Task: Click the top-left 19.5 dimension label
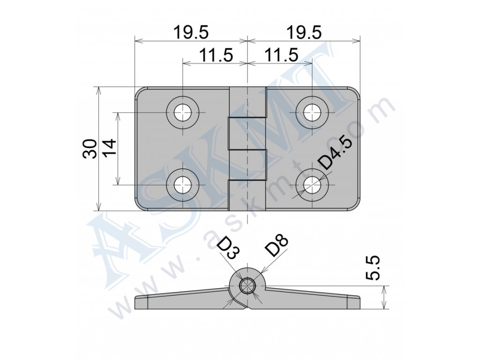click(191, 32)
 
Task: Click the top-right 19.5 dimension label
click(304, 32)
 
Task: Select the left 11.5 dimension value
click(216, 55)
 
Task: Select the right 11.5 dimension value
click(281, 55)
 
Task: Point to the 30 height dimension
click(90, 149)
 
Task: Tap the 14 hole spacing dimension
click(110, 148)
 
